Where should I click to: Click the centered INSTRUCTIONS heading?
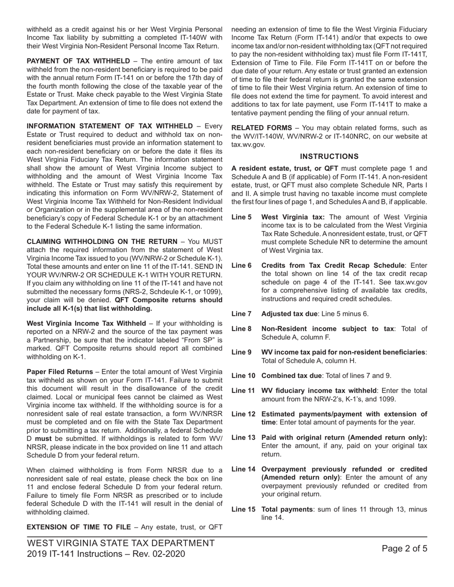coord(329,156)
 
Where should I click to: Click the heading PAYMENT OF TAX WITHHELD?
coord(78,61)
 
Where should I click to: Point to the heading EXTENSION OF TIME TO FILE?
coord(78,527)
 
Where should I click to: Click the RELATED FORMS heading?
coord(261,127)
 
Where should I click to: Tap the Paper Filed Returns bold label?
coord(60,371)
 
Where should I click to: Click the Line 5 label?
coord(241,217)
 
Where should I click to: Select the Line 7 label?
coord(241,314)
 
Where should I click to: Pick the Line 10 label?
coord(243,376)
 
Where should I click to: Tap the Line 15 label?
coord(243,509)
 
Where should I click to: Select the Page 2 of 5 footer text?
coord(404,548)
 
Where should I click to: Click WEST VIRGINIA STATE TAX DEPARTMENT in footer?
coord(121,543)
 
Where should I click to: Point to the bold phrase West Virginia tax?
coord(293,217)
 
